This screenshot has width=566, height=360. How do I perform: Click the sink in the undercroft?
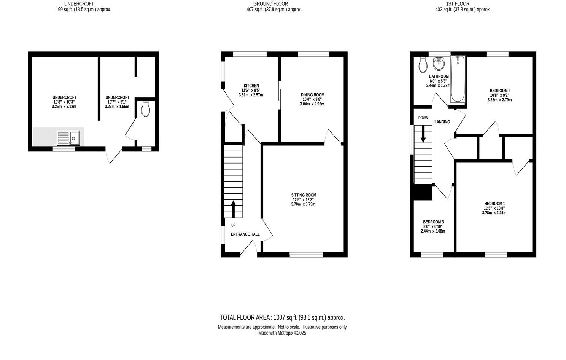[68, 138]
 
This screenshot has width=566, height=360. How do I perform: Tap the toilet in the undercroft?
[145, 109]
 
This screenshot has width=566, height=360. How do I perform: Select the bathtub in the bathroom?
[458, 79]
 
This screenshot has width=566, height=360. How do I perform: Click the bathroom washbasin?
[439, 64]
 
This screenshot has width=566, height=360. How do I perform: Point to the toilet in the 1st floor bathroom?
[423, 65]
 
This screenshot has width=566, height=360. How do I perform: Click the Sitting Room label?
[304, 195]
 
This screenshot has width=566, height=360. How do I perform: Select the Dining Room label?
[312, 95]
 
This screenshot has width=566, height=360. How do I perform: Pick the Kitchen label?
[251, 86]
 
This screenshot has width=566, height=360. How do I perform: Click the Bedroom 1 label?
[494, 204]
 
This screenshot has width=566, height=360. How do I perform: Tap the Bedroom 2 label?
[499, 91]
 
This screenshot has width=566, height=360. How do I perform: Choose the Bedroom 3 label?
[433, 222]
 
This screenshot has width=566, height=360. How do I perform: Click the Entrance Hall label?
[245, 234]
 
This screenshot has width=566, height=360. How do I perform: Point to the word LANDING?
[442, 122]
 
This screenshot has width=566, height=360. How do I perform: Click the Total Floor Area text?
[282, 317]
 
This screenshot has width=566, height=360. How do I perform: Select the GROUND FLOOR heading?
[270, 4]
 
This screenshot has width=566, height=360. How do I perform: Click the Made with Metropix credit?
[282, 333]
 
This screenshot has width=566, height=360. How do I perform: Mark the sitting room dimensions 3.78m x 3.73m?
[303, 204]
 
